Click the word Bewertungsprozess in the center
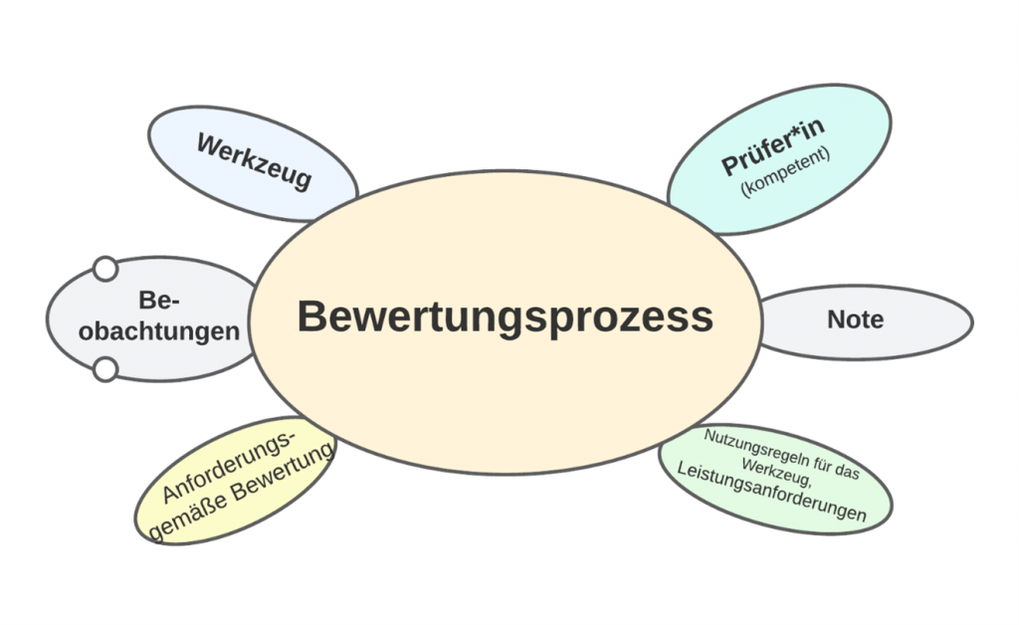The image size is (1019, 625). tap(505, 317)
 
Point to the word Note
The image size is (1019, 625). tap(855, 319)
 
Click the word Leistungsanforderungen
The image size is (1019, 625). tap(771, 493)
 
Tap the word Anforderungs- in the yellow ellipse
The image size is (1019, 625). tap(230, 466)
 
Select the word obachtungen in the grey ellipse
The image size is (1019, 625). tap(159, 331)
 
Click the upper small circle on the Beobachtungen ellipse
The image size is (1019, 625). tap(104, 269)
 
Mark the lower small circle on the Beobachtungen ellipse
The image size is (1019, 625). tap(104, 370)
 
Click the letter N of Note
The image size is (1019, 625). tap(835, 319)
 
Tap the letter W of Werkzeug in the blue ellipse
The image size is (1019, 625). tap(209, 145)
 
